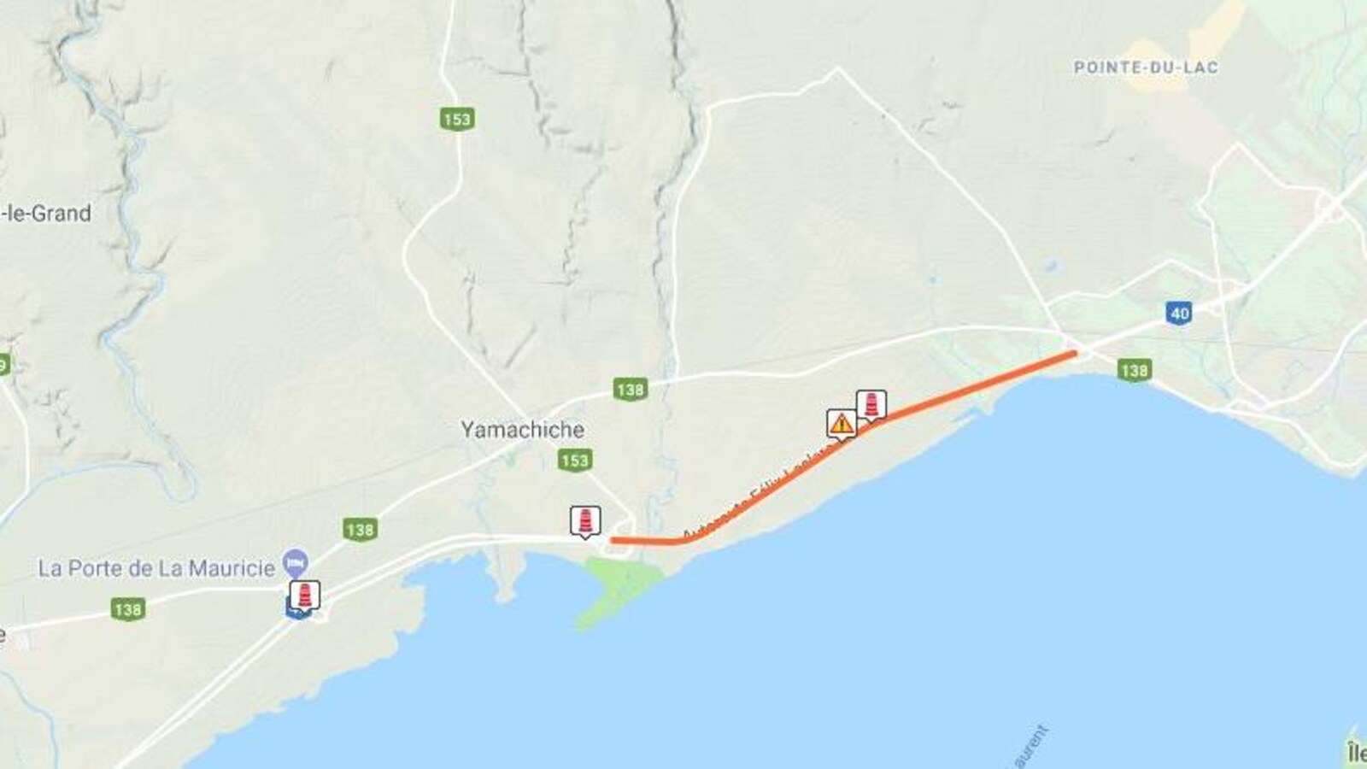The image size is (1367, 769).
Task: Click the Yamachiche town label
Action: tap(523, 430)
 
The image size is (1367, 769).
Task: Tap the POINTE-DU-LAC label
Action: tap(1146, 67)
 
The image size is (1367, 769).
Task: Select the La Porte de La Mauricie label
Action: tap(156, 568)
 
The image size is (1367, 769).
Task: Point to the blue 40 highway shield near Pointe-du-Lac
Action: tap(1179, 313)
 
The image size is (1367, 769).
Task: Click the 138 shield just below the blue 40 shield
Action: tap(1135, 370)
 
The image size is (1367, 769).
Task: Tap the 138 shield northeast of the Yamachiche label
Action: tap(630, 390)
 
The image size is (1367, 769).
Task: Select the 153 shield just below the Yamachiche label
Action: tap(575, 461)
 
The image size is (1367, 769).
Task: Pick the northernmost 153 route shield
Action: tap(457, 119)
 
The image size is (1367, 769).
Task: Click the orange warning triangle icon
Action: tap(842, 423)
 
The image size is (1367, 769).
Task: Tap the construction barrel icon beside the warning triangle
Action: tap(871, 404)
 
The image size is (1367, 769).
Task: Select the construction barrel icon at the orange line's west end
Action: tap(585, 520)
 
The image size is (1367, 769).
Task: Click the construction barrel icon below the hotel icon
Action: tap(305, 595)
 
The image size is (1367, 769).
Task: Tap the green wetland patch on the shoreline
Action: tap(619, 585)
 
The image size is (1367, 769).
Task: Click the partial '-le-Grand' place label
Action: tap(47, 214)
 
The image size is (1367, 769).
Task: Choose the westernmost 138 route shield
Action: tap(127, 609)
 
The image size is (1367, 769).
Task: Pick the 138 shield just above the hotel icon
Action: tap(360, 530)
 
